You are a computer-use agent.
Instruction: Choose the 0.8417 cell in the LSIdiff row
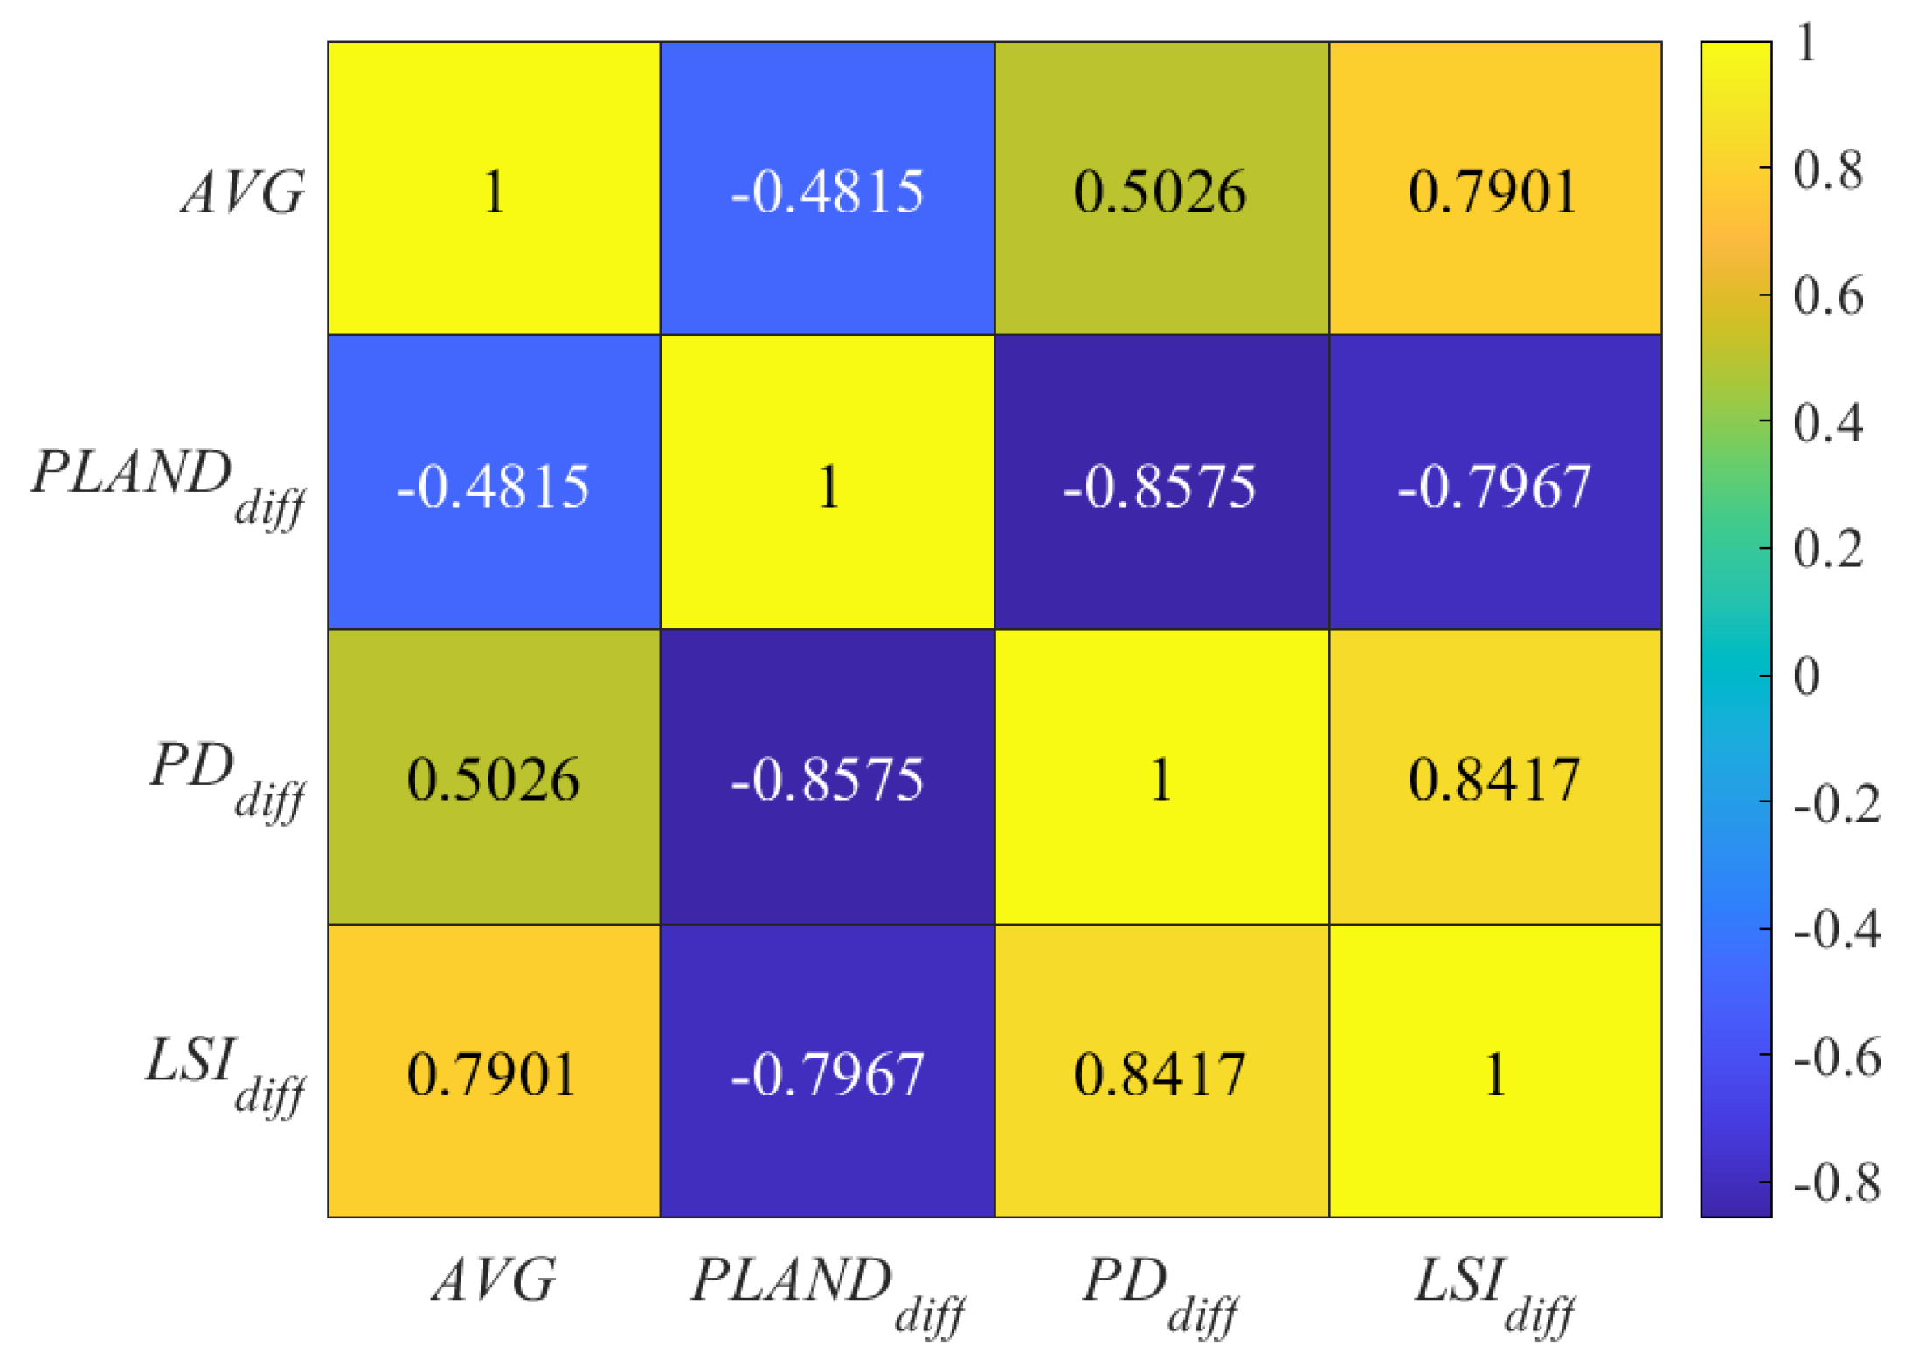pyautogui.click(x=1160, y=1072)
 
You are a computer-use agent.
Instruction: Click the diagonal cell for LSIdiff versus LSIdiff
pyautogui.click(x=1494, y=1072)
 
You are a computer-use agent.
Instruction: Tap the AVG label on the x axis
pyautogui.click(x=494, y=1280)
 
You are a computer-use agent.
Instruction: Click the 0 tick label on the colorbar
pyautogui.click(x=1806, y=676)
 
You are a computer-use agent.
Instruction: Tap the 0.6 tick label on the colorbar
pyautogui.click(x=1828, y=296)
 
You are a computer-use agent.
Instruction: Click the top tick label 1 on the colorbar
pyautogui.click(x=1806, y=42)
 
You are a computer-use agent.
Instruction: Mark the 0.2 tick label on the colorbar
pyautogui.click(x=1828, y=549)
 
